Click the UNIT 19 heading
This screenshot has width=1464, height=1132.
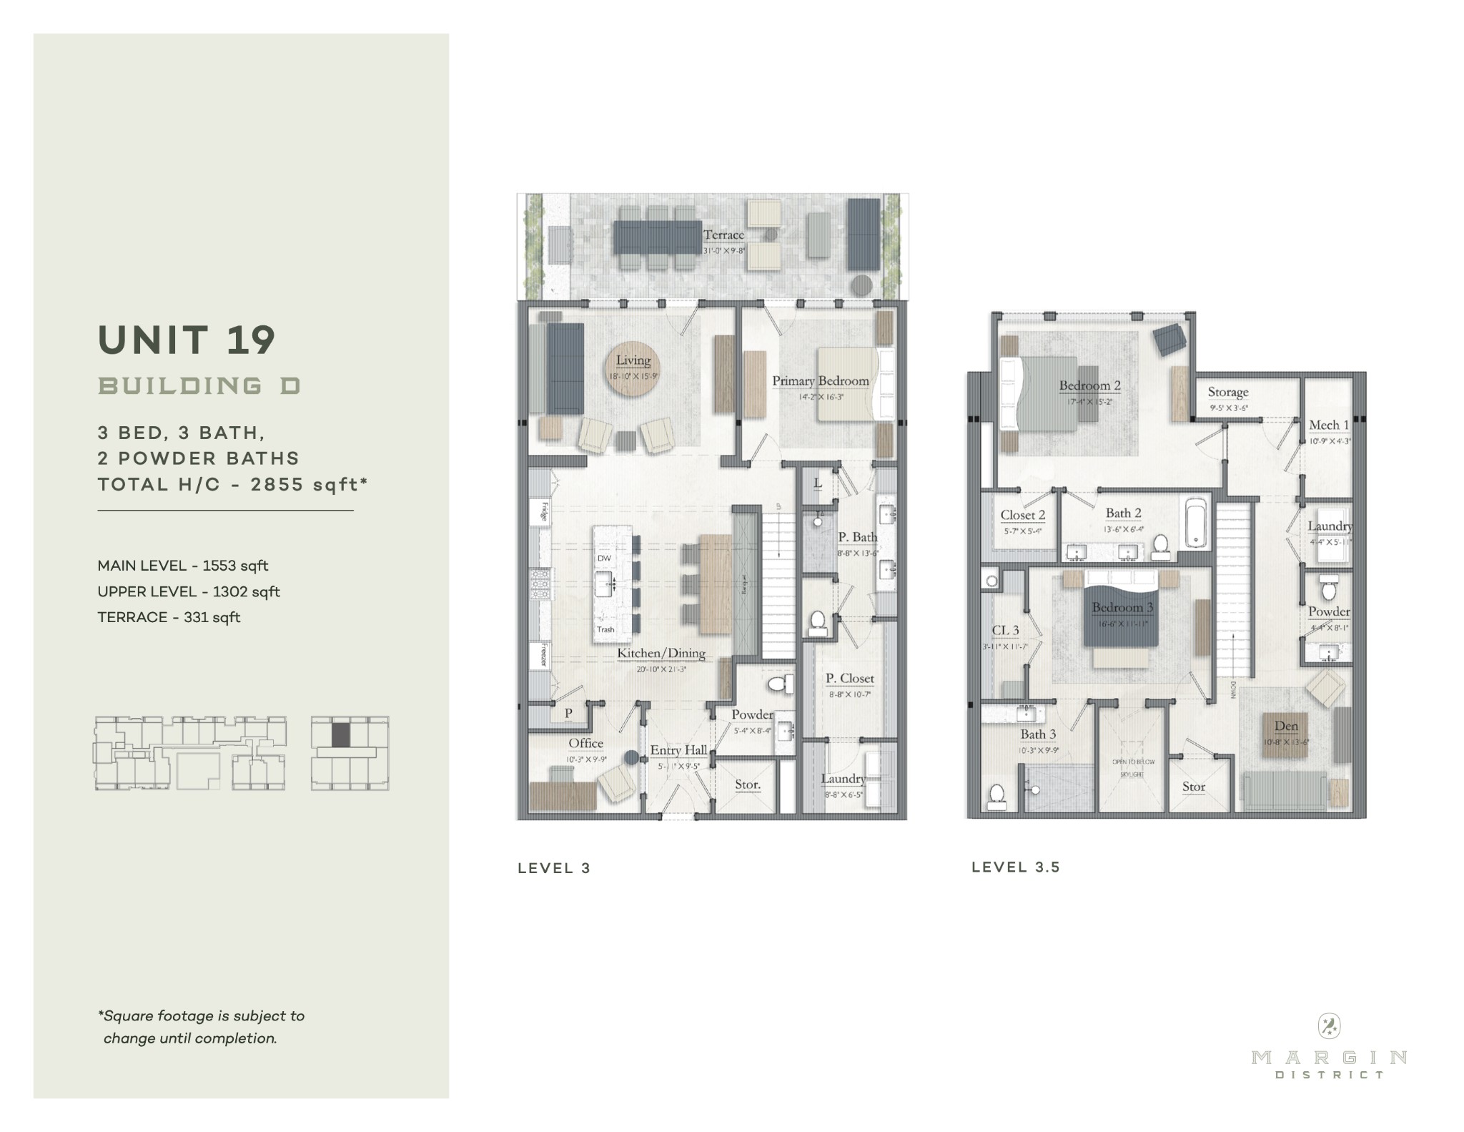[x=187, y=340]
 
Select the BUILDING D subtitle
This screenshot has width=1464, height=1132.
[x=199, y=386]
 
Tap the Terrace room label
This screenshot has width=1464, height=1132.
[x=723, y=235]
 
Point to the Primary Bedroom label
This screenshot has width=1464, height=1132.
[x=821, y=381]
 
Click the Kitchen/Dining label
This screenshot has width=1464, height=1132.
[x=661, y=653]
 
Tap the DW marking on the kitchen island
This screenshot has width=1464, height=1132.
[x=604, y=558]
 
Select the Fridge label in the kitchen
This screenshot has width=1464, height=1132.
[x=543, y=512]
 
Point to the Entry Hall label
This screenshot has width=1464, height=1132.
[x=678, y=750]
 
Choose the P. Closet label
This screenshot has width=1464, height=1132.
[x=849, y=678]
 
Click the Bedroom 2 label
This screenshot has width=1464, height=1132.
[x=1089, y=386]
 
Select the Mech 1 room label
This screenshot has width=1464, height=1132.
[x=1328, y=425]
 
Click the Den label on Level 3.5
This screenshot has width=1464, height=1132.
[x=1286, y=727]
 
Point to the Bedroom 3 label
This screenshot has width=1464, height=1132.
[x=1122, y=608]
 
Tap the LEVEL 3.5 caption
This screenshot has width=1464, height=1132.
[x=1016, y=867]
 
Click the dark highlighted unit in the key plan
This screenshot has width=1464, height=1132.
[x=341, y=734]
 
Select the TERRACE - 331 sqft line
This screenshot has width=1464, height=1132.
[x=169, y=617]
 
